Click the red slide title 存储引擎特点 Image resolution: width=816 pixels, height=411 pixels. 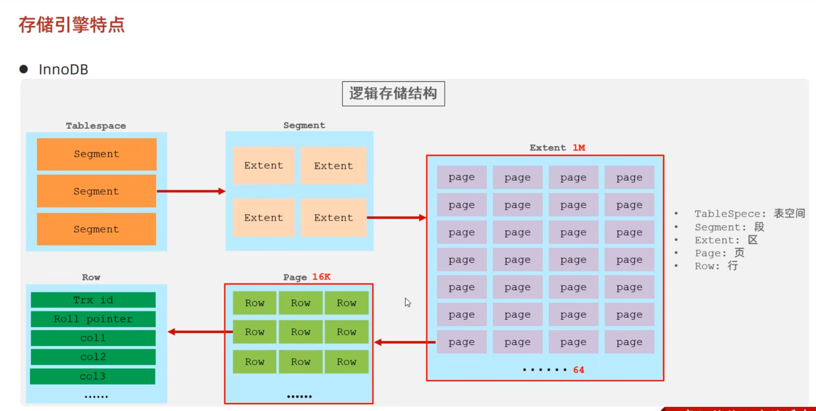pos(71,25)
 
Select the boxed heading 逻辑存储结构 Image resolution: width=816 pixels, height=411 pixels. pos(393,93)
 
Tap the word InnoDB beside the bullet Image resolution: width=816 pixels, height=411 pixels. pos(63,69)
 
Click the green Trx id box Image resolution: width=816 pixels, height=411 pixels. pos(93,300)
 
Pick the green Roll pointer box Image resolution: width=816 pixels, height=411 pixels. pos(93,319)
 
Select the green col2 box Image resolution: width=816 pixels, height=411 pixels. pos(93,357)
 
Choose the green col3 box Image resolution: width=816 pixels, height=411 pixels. pos(93,376)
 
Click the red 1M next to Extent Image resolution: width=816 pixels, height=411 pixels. pos(579,148)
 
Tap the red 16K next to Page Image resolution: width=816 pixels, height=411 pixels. pos(321,277)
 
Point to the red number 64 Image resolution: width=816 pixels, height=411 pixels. pos(579,370)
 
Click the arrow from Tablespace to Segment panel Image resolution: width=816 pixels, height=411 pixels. pos(191,191)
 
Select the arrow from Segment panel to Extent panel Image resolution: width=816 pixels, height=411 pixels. pos(396,217)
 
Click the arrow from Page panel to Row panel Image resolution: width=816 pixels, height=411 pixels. pos(200,332)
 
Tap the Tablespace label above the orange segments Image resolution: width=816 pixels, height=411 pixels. pos(96,126)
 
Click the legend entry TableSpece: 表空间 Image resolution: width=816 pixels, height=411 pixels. pos(749,214)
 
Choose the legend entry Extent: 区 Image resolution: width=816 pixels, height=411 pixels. pos(725,240)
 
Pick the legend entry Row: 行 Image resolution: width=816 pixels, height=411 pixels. pos(716,266)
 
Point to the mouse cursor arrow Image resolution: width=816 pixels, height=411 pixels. pos(407,302)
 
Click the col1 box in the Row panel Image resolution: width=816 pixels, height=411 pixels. pos(93,338)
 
